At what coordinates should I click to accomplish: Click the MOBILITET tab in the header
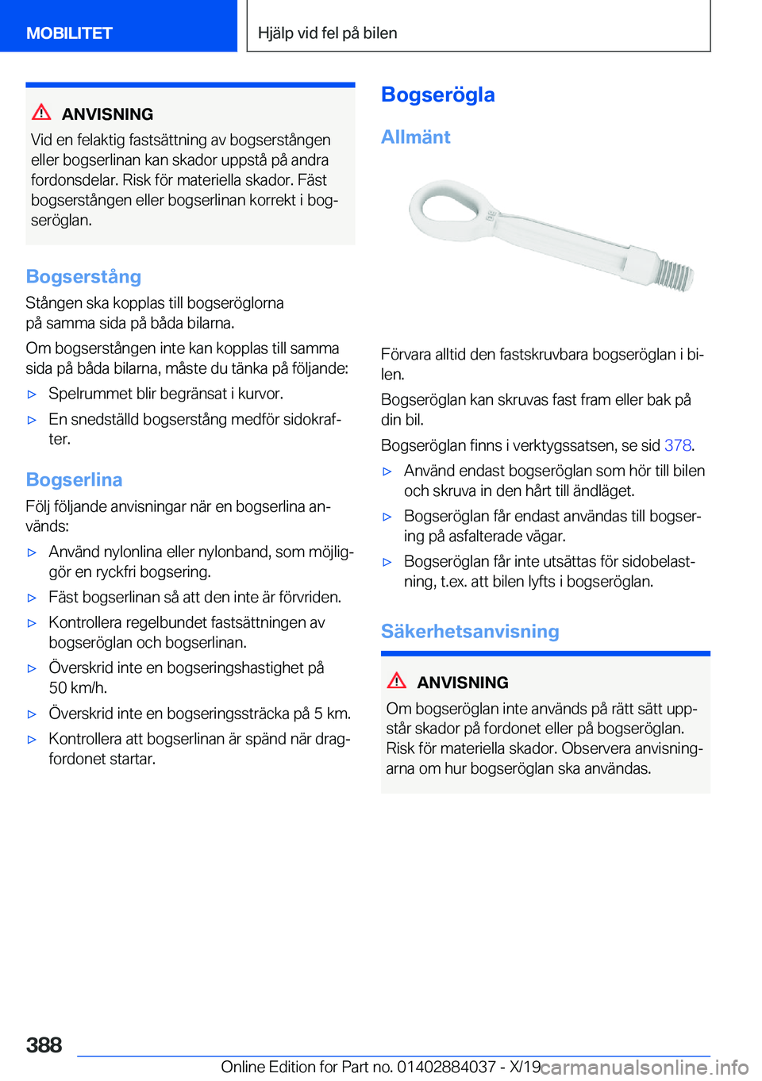click(x=70, y=33)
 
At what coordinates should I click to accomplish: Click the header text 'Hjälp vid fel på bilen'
click(x=328, y=33)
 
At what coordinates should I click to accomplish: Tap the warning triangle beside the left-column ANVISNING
click(x=41, y=113)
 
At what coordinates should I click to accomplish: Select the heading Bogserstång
click(x=83, y=277)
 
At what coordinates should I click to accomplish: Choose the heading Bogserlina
click(x=74, y=480)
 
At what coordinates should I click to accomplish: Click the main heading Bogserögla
click(x=438, y=95)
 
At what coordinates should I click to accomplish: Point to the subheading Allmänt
click(x=415, y=137)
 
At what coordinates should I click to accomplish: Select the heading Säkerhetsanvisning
click(x=470, y=632)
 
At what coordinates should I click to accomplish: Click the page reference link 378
click(x=678, y=445)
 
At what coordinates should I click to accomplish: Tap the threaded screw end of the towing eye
click(x=675, y=274)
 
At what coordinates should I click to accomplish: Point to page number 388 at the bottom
click(x=44, y=1045)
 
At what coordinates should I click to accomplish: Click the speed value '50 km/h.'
click(x=78, y=688)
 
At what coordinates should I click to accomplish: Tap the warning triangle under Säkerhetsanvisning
click(x=397, y=681)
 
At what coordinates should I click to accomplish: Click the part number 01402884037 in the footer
click(x=447, y=1068)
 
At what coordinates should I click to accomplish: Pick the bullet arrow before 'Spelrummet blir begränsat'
click(x=33, y=394)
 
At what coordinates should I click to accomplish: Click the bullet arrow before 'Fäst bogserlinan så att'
click(x=33, y=598)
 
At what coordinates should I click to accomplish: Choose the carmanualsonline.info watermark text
click(x=645, y=1068)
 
